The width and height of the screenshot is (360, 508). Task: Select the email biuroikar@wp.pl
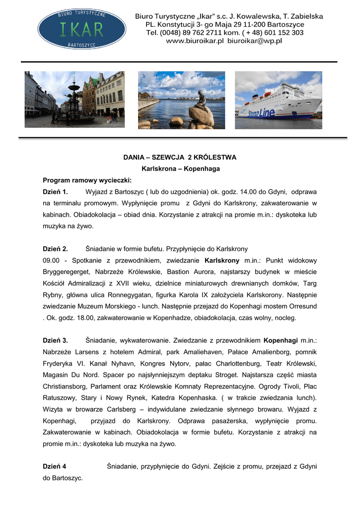coord(254,41)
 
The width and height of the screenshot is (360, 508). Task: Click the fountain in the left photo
coord(74,99)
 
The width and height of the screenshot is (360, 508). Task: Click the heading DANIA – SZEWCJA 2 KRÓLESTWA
coord(180,157)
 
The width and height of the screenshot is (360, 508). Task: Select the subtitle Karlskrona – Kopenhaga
coord(180,169)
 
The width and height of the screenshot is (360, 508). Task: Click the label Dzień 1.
coord(55,191)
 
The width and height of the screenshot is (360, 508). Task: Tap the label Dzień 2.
coord(55,249)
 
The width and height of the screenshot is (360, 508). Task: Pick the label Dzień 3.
coord(55,340)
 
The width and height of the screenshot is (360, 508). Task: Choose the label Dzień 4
coord(54,466)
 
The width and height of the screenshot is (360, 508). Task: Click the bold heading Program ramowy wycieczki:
coord(87,180)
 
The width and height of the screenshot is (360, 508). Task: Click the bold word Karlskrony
coord(222,260)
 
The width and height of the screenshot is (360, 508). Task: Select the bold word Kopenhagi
coord(281,340)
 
